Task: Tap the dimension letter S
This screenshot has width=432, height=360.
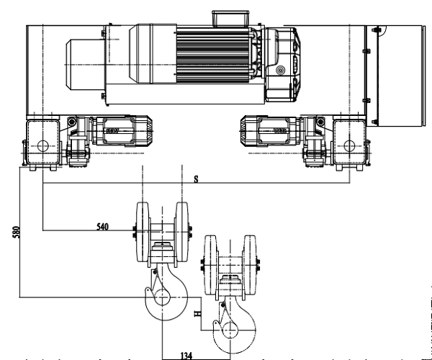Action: pos(196,179)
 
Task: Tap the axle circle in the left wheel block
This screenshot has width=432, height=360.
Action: pos(43,145)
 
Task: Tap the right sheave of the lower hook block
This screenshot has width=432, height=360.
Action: pos(249,264)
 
